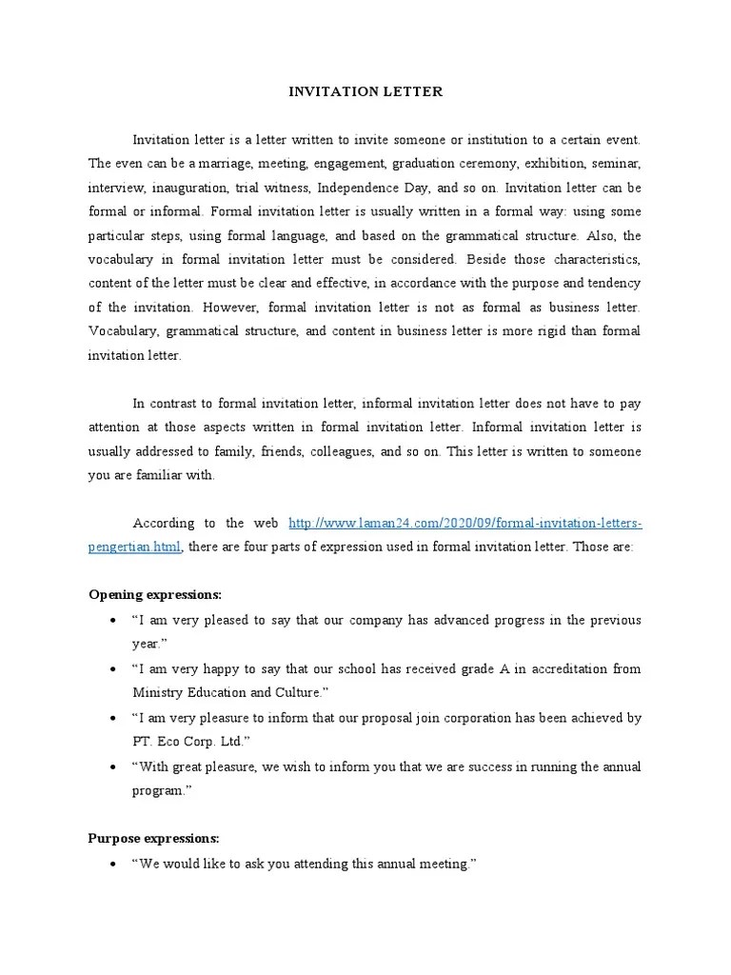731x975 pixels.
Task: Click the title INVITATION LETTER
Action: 365,92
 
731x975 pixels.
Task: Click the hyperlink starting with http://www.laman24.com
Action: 464,524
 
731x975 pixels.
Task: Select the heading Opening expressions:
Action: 154,595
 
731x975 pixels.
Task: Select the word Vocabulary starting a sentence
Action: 123,330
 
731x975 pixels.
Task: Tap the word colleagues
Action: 336,451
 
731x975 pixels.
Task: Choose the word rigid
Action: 536,330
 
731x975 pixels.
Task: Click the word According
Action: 163,524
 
